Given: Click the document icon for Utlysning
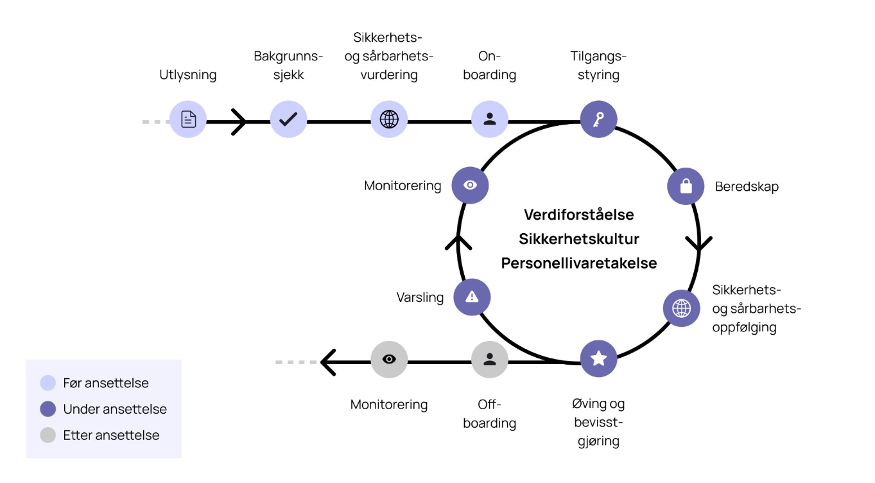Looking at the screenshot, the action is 188,119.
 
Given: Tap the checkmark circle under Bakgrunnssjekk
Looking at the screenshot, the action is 288,119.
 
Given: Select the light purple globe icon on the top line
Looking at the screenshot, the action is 389,119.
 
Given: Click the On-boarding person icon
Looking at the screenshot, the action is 489,119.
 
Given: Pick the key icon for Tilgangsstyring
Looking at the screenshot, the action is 598,119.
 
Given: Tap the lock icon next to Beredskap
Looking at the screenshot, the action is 686,186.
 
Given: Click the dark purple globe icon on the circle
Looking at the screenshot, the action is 681,308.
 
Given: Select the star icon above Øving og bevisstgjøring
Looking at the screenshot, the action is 598,358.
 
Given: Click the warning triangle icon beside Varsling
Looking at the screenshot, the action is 472,297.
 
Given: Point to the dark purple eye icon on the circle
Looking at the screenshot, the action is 470,185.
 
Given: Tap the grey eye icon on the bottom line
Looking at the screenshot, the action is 389,359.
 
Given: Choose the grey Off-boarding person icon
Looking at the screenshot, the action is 489,359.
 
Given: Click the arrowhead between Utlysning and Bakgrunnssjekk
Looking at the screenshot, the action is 239,122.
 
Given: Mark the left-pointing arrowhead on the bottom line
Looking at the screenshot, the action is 328,362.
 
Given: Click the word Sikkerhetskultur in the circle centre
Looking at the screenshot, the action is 579,239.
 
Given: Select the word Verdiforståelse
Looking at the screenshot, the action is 579,215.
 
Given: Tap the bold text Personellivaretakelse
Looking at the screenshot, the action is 579,263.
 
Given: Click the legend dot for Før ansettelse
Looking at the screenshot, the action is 48,383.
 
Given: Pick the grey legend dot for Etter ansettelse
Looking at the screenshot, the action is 48,435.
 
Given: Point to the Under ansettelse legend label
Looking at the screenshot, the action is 115,409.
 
